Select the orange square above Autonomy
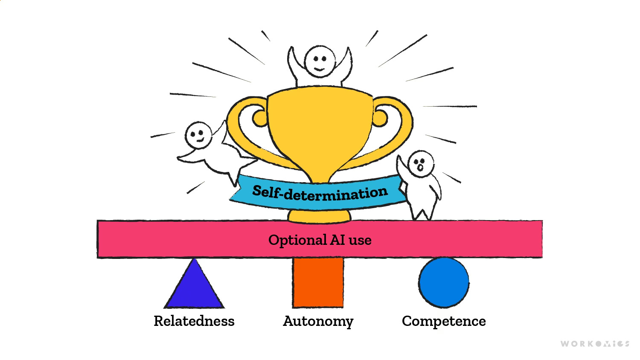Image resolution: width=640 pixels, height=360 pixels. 318,282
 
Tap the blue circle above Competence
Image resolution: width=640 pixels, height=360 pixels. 443,282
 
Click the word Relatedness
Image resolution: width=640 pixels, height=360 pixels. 194,321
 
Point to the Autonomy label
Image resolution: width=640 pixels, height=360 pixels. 318,321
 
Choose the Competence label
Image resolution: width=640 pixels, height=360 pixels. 444,321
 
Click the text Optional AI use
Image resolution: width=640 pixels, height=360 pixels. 320,240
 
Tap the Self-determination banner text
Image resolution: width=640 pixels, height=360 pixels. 320,193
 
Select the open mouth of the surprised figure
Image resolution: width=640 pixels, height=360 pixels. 420,168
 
